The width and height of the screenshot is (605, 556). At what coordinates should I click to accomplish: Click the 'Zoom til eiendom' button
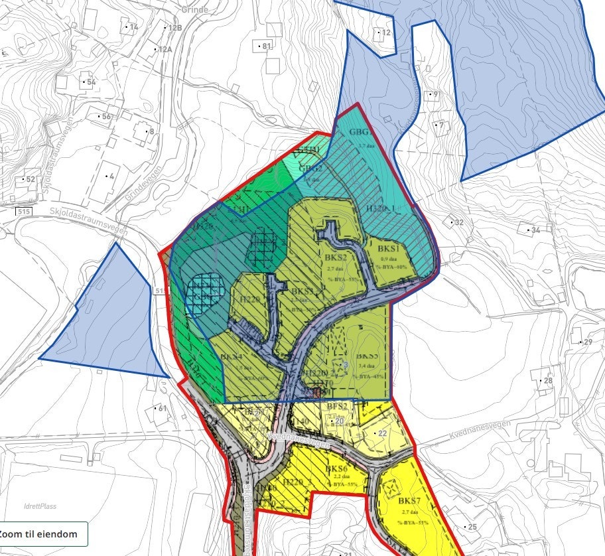point(43,533)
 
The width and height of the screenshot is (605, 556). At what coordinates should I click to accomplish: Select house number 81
point(266,46)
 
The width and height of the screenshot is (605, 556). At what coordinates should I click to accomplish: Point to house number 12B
point(174,28)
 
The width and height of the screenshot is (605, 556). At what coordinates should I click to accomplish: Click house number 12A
point(164,50)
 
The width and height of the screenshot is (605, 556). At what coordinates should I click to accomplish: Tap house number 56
point(106,117)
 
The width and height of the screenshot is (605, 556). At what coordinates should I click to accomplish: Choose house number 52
point(29,180)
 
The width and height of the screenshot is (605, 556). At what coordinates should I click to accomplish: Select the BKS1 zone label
point(388,248)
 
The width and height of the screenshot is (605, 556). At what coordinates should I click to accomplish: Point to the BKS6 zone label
point(338,469)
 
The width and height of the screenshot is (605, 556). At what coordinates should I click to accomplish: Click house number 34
point(535,230)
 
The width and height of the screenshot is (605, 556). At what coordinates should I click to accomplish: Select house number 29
point(586,342)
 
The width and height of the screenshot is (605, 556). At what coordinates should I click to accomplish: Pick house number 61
point(162,408)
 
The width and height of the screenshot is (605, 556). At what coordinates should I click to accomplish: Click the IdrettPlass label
point(38,506)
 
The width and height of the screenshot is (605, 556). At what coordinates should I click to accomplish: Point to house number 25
point(472,527)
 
